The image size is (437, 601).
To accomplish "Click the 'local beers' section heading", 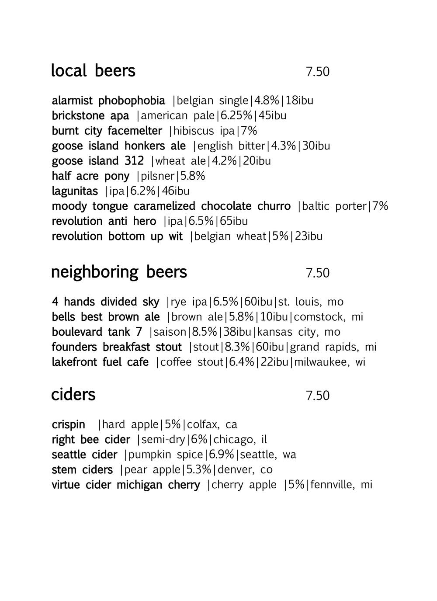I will [93, 71].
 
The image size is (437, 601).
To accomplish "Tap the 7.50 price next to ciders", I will [317, 396].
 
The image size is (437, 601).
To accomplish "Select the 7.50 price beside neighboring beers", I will [317, 273].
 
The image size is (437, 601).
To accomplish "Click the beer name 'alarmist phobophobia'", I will [108, 101].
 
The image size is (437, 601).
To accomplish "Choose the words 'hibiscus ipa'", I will [204, 131].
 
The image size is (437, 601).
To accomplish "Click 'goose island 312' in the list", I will [97, 161].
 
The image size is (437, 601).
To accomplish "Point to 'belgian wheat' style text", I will [230, 236].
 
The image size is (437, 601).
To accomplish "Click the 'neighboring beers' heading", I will [119, 272].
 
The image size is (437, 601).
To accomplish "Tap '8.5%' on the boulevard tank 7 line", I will [204, 332].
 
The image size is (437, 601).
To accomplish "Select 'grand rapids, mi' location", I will [333, 347].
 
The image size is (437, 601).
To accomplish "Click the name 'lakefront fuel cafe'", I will [100, 362].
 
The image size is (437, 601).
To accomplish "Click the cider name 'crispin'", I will [68, 425].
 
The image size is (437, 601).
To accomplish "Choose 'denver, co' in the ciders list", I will [245, 470].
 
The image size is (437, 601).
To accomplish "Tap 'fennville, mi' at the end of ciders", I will [342, 485].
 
